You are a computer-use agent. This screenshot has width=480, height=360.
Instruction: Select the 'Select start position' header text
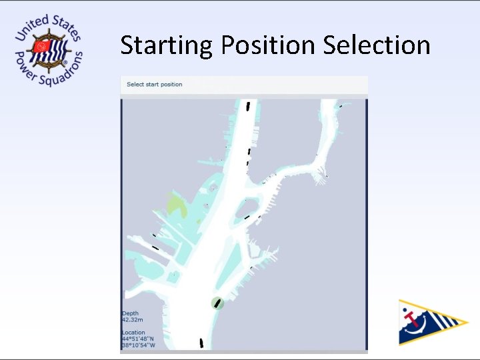[x=154, y=85]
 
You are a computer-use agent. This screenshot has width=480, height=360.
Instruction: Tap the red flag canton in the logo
[x=42, y=47]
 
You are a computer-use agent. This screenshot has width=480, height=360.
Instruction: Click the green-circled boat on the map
[x=217, y=303]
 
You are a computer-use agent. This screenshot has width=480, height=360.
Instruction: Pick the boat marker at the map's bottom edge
[x=201, y=343]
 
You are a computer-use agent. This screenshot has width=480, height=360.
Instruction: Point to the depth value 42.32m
[x=132, y=319]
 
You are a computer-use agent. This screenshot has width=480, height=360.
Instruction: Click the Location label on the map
[x=133, y=333]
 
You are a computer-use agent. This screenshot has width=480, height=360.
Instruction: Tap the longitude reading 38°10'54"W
[x=138, y=345]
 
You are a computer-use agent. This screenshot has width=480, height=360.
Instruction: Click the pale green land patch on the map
[x=177, y=205]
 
